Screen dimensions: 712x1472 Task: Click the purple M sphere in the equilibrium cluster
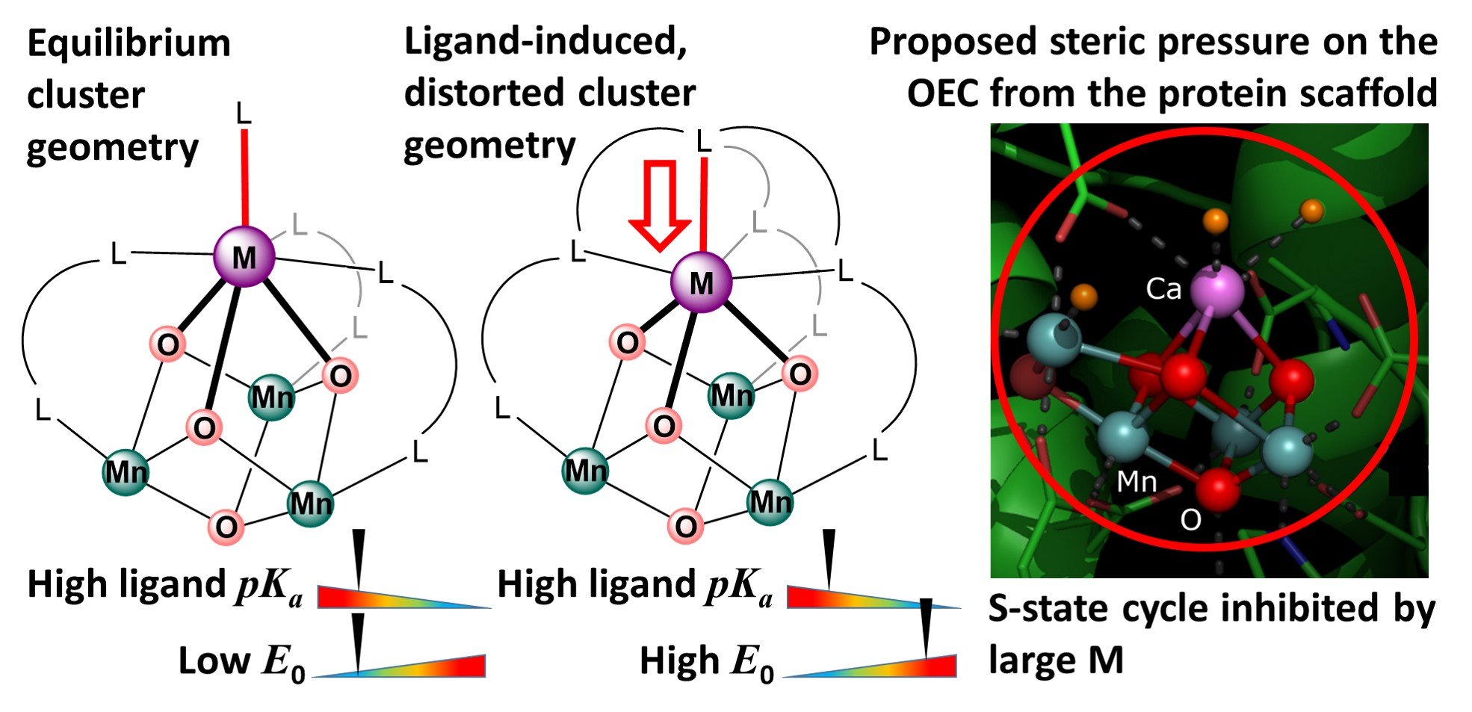(244, 256)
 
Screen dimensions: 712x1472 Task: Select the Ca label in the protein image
(1163, 289)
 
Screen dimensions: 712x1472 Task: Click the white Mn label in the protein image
(1136, 483)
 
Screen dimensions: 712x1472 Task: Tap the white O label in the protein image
(1190, 520)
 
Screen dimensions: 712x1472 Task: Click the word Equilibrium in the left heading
(129, 44)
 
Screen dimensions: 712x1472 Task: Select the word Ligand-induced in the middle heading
(545, 41)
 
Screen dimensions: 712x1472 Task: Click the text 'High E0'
(706, 662)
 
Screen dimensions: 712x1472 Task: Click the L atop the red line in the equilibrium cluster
(244, 114)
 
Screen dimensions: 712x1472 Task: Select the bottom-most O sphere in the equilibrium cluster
(226, 526)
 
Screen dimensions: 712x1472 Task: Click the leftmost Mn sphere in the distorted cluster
(585, 471)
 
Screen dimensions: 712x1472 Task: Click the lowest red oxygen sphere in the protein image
(1218, 489)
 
